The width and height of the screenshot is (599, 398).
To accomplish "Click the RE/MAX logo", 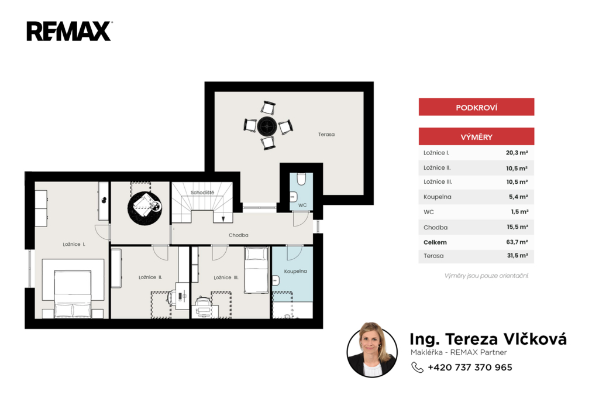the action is pyautogui.click(x=69, y=32).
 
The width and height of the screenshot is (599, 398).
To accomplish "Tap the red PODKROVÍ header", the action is pyautogui.click(x=476, y=107).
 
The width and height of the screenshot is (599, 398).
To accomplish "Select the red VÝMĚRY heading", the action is pyautogui.click(x=476, y=136).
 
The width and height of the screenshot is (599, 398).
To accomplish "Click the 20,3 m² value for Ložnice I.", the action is pyautogui.click(x=517, y=153).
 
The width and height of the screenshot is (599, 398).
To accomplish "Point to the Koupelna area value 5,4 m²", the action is pyautogui.click(x=518, y=197).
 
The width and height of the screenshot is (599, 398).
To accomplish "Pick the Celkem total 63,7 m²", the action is pyautogui.click(x=517, y=242).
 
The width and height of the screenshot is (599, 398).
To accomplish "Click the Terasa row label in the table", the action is pyautogui.click(x=433, y=256).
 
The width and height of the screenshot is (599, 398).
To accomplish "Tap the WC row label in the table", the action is pyautogui.click(x=429, y=212).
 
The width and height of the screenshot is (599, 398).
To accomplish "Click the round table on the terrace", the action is pyautogui.click(x=267, y=126).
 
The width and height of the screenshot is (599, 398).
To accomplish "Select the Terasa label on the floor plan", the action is pyautogui.click(x=326, y=134).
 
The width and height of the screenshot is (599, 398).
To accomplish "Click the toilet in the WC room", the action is pyautogui.click(x=301, y=179).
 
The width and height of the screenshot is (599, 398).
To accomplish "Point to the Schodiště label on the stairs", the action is pyautogui.click(x=202, y=193).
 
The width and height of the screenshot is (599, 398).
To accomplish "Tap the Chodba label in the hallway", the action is pyautogui.click(x=239, y=235).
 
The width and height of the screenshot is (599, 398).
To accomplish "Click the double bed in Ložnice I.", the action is pyautogui.click(x=73, y=294).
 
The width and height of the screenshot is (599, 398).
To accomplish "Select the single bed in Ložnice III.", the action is pyautogui.click(x=256, y=270).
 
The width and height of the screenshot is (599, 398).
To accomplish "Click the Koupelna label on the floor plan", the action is pyautogui.click(x=295, y=271).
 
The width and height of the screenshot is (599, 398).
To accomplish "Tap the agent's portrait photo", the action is pyautogui.click(x=372, y=350).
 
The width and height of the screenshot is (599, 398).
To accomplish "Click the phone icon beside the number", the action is pyautogui.click(x=417, y=368).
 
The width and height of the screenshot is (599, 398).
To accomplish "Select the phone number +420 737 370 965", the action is pyautogui.click(x=470, y=368).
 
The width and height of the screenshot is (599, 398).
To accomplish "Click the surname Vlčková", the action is pyautogui.click(x=535, y=339).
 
